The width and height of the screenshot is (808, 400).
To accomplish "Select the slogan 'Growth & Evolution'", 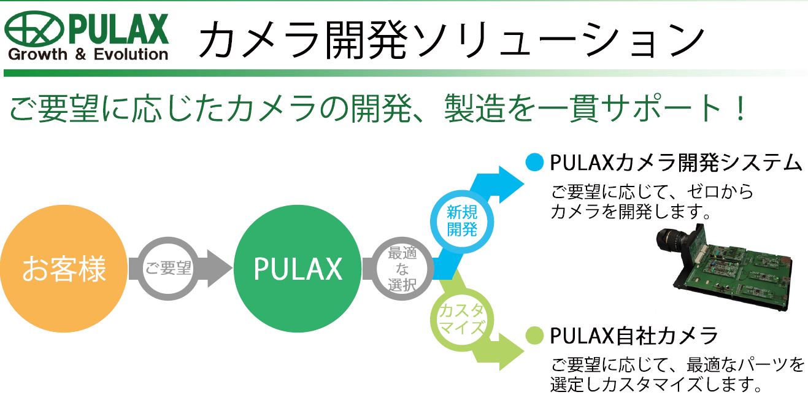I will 88,55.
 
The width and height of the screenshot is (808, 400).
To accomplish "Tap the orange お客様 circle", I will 64,269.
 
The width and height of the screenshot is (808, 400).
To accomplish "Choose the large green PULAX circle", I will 298,269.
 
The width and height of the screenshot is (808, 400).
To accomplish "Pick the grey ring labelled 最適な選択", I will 402,269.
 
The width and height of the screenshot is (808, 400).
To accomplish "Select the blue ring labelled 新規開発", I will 461,221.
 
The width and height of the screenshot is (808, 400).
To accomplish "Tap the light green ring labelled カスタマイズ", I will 461,318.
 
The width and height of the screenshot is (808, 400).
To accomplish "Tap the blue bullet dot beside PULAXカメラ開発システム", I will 534,163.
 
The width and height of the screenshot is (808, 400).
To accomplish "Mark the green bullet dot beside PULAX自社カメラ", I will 534,336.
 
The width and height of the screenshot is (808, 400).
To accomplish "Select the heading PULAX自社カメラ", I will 634,336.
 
